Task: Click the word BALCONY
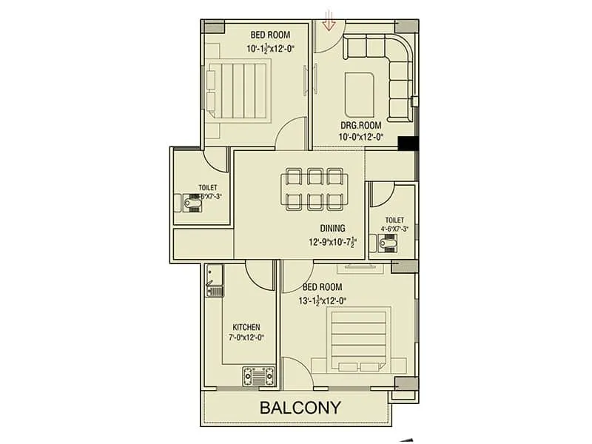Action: click(300, 407)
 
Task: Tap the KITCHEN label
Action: click(246, 326)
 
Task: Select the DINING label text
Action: click(332, 229)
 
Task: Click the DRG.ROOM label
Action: click(361, 126)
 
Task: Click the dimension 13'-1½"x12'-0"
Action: click(322, 300)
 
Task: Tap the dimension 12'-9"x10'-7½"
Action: click(332, 241)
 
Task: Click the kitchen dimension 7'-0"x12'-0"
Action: click(246, 337)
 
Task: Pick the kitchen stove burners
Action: click(259, 378)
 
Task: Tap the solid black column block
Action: click(408, 144)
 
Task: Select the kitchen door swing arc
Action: click(259, 275)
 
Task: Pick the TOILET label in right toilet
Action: click(395, 220)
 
